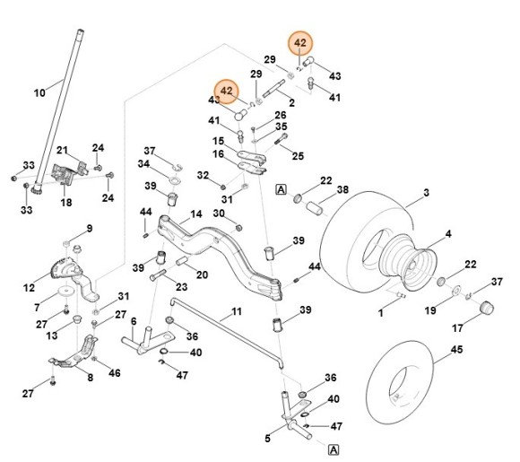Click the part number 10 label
[x=39, y=93]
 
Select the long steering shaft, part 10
[x=60, y=109]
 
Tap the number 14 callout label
[x=196, y=214]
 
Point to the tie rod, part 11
[x=226, y=332]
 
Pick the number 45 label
[x=456, y=350]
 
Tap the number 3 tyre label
[x=426, y=193]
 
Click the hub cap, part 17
[x=487, y=308]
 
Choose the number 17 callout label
[x=457, y=328]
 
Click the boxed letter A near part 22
[x=281, y=189]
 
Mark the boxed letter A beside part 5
[x=334, y=450]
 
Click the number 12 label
[x=30, y=288]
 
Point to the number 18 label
[x=66, y=202]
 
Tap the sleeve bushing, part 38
[x=314, y=208]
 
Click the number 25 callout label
[x=298, y=156]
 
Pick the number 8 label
[x=91, y=378]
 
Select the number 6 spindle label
[x=134, y=321]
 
